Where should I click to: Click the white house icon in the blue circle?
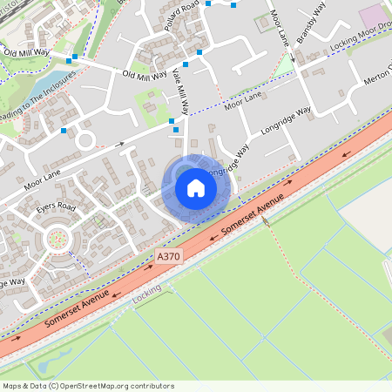(x=195, y=186)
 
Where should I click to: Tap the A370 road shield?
(x=170, y=257)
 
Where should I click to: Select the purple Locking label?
(x=147, y=297)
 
